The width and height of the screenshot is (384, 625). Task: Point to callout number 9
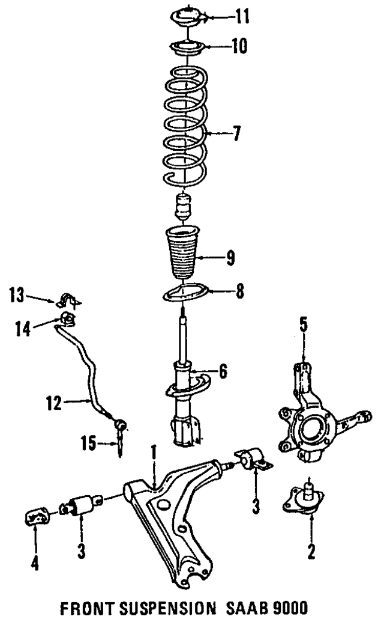click(x=230, y=260)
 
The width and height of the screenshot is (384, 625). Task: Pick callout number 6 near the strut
click(x=223, y=373)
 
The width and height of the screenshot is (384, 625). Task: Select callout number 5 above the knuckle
click(x=304, y=328)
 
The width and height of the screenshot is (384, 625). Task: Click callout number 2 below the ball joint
click(x=311, y=550)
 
